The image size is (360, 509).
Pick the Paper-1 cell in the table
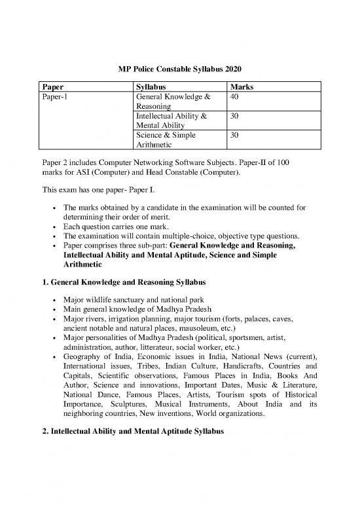(55, 97)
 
